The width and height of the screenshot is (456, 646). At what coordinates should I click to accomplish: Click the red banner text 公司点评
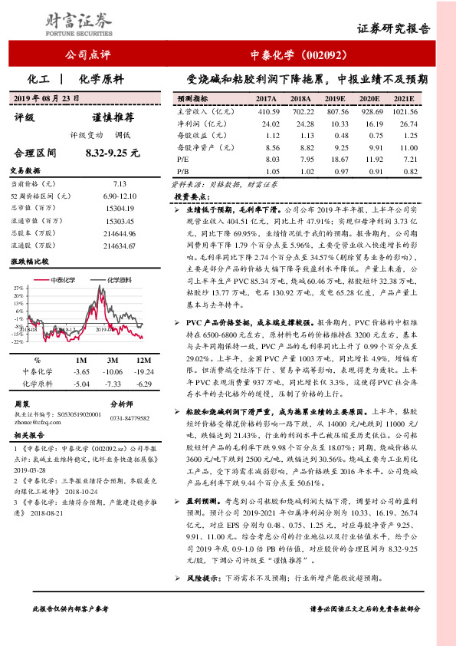(x=89, y=55)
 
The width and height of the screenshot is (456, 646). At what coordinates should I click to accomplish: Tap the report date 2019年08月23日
(x=51, y=98)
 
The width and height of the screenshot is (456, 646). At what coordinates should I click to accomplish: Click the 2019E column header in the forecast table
(x=335, y=99)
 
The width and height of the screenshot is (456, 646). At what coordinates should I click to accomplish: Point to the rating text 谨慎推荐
(x=113, y=118)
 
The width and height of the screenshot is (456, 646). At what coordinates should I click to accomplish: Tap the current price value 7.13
(x=120, y=184)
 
